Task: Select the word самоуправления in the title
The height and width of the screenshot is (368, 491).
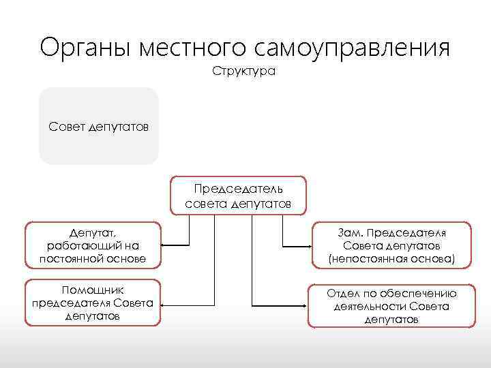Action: [353, 48]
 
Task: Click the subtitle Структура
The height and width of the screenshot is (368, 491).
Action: [244, 71]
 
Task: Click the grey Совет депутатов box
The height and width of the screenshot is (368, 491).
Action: [99, 126]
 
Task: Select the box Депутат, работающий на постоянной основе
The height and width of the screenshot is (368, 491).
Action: [93, 245]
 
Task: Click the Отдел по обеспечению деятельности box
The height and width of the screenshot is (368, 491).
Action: [391, 306]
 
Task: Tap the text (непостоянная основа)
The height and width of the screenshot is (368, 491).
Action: [391, 258]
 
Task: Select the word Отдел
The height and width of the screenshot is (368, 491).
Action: [342, 294]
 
